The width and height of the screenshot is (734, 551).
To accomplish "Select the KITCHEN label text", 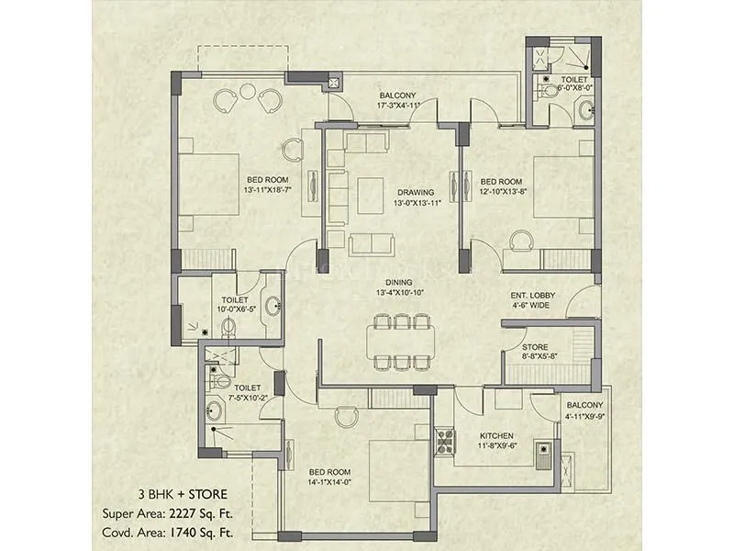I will pyautogui.click(x=495, y=435).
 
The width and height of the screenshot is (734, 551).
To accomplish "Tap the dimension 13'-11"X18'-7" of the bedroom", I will pyautogui.click(x=268, y=190).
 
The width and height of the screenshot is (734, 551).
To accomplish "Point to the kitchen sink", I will pyautogui.click(x=544, y=451).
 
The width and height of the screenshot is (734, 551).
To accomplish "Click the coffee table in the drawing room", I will pyautogui.click(x=371, y=191).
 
